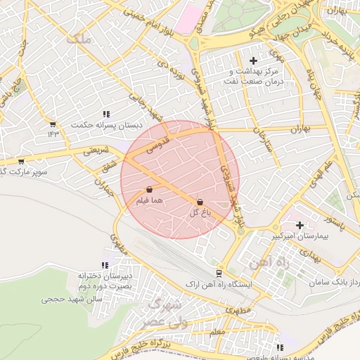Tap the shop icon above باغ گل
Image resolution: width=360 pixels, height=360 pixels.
tap(200, 201)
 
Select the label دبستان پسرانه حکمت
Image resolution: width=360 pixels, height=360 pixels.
tap(101, 124)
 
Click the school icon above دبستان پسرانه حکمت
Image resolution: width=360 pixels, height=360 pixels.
tap(106, 114)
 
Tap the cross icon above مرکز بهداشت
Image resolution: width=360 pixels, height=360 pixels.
tap(254, 60)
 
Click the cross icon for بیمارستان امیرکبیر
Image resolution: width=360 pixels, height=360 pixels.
tap(300, 226)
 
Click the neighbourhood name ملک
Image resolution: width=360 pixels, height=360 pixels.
tap(78, 39)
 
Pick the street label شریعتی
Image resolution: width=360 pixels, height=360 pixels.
tap(97, 150)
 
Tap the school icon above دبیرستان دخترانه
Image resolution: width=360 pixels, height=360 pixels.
tap(105, 266)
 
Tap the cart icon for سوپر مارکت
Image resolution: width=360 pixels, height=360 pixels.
tap(21, 161)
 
